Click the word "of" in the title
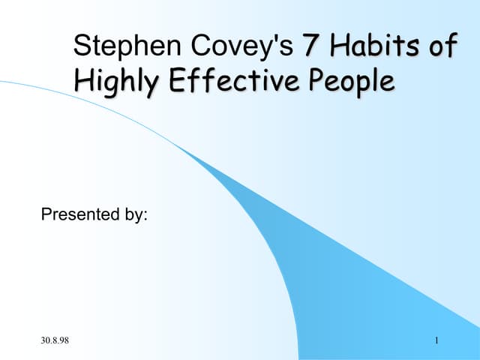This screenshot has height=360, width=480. (439, 46)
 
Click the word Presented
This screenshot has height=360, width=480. (77, 215)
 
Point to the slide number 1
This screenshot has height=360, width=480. (436, 343)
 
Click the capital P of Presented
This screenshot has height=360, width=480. (46, 215)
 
